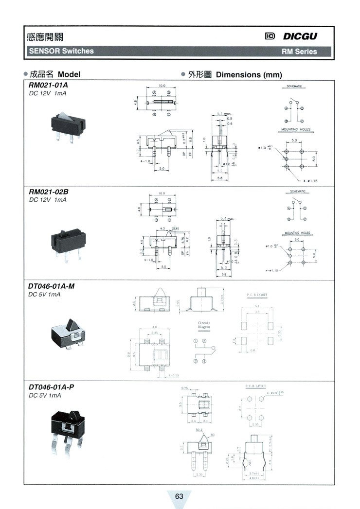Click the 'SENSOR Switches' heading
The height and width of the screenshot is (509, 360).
click(x=61, y=51)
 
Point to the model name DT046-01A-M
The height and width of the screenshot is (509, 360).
click(x=52, y=286)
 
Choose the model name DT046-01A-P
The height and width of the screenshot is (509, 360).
click(x=51, y=387)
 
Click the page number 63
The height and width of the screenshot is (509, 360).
click(x=180, y=496)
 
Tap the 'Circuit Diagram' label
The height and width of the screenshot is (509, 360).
click(x=204, y=325)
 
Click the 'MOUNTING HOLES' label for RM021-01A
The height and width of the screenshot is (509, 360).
click(x=295, y=130)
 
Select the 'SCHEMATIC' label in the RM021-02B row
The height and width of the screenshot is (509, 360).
click(x=295, y=192)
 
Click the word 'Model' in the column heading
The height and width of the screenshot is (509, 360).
click(x=69, y=75)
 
